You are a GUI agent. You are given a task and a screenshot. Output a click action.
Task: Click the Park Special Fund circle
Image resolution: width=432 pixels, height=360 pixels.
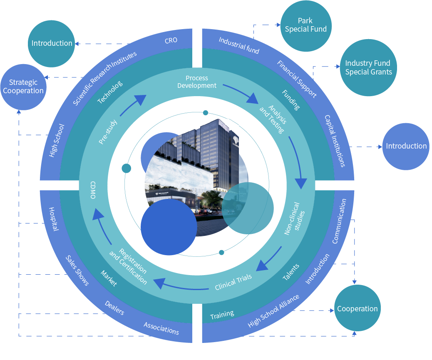[x=306, y=25]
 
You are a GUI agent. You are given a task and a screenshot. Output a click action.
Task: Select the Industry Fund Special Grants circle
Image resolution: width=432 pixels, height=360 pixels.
[x=368, y=67]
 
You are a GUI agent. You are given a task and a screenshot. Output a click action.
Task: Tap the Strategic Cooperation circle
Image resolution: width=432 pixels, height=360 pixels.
[x=23, y=87]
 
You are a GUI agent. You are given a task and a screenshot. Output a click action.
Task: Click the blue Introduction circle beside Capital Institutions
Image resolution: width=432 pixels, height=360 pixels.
[x=406, y=146]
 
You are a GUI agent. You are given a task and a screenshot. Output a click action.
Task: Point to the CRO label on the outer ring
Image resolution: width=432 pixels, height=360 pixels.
[x=171, y=40]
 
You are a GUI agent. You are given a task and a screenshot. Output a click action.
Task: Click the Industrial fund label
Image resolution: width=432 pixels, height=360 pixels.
[x=239, y=46]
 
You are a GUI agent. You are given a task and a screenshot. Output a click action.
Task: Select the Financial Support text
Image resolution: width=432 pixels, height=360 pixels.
[x=297, y=79]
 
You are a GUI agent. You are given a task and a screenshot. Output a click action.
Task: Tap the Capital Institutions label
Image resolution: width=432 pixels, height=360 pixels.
[x=335, y=141]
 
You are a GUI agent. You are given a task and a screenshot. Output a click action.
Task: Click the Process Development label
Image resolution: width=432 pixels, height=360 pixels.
[x=197, y=82]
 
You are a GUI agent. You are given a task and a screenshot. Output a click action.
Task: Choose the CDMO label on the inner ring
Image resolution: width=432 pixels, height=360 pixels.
[x=93, y=190]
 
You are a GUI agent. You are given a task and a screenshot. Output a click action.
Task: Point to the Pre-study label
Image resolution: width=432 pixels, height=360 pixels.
[x=108, y=132]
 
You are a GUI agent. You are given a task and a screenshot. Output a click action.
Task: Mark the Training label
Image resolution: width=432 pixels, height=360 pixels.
[x=222, y=315]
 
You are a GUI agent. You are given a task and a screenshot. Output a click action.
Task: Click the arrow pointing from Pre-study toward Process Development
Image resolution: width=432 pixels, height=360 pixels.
[x=133, y=105]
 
